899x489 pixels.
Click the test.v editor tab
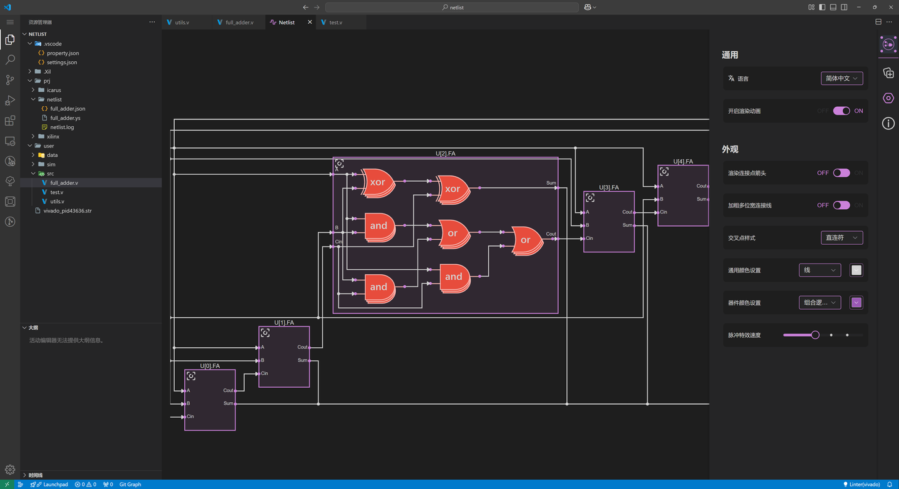pyautogui.click(x=335, y=22)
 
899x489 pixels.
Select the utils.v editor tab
pyautogui.click(x=182, y=22)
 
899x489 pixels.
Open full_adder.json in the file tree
pyautogui.click(x=67, y=109)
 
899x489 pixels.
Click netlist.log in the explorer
pyautogui.click(x=62, y=127)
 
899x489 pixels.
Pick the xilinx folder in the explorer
pyautogui.click(x=53, y=136)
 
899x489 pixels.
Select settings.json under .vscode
pyautogui.click(x=62, y=62)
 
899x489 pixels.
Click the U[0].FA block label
pyautogui.click(x=210, y=366)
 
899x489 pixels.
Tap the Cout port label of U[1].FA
pyautogui.click(x=302, y=347)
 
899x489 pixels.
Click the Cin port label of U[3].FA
pyautogui.click(x=589, y=239)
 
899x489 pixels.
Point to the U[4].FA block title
pyautogui.click(x=683, y=162)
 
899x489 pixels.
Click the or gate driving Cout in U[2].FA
pyautogui.click(x=526, y=240)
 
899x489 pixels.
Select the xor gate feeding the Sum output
pyautogui.click(x=453, y=189)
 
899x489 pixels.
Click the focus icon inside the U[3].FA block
pyautogui.click(x=590, y=198)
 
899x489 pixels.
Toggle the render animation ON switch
pyautogui.click(x=841, y=111)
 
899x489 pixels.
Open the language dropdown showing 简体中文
pyautogui.click(x=842, y=79)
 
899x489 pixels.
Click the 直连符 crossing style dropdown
pyautogui.click(x=842, y=238)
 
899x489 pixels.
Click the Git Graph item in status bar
pyautogui.click(x=130, y=485)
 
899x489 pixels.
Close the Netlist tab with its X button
pyautogui.click(x=310, y=22)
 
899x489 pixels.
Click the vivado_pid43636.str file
pyautogui.click(x=67, y=211)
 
